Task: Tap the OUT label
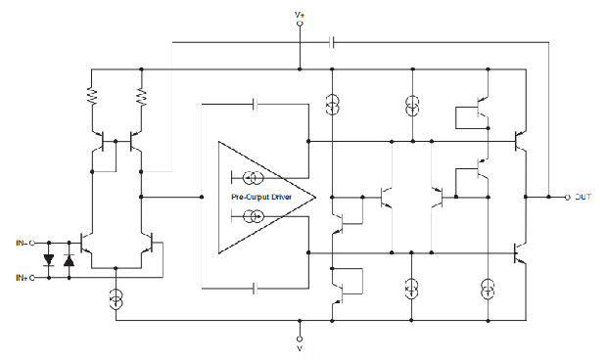click(583, 197)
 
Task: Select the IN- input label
click(21, 242)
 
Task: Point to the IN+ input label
click(21, 278)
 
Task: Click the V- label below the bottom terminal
click(300, 347)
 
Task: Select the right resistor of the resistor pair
click(142, 97)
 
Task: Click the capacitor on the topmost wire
click(334, 42)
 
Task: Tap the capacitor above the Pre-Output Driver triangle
click(256, 103)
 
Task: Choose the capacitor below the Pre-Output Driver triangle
click(256, 289)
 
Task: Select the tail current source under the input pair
click(117, 297)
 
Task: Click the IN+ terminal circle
click(35, 278)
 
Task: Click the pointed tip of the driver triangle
click(315, 197)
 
